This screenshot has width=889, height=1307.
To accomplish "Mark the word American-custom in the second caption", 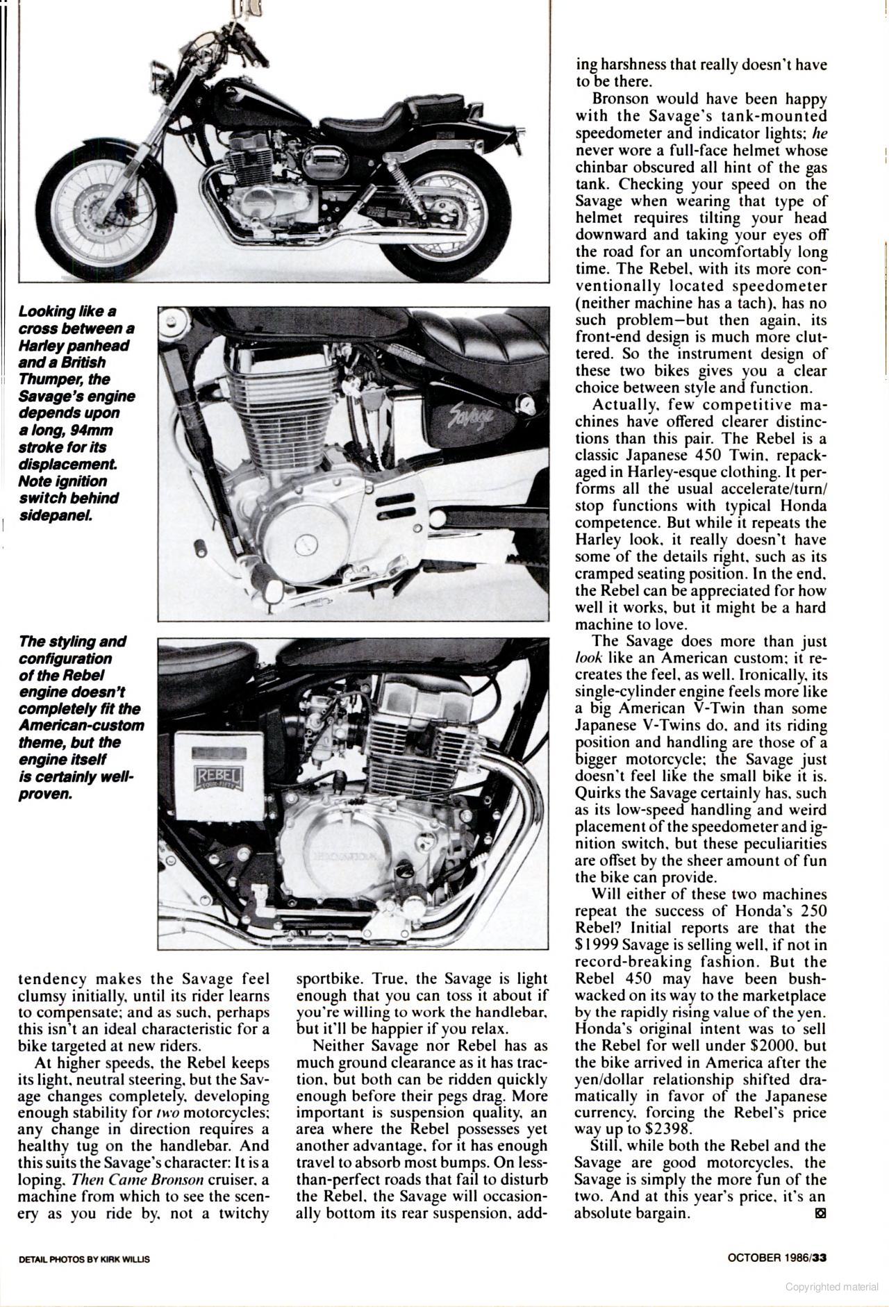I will tap(82, 726).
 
